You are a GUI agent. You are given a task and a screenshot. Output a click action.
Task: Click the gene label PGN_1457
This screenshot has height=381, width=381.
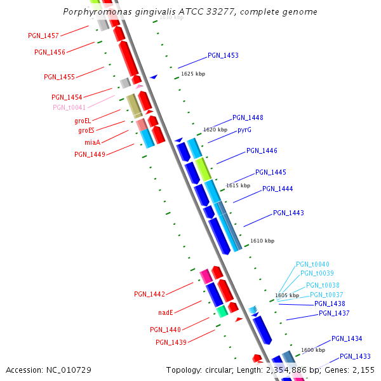[44, 36]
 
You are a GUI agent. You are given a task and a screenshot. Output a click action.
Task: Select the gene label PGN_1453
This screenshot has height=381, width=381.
[223, 56]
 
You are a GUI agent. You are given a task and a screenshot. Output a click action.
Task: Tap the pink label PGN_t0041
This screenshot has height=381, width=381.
[69, 107]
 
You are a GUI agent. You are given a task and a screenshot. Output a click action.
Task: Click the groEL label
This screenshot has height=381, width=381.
[83, 121]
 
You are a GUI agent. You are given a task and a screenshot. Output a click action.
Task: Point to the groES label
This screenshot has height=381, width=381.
[86, 130]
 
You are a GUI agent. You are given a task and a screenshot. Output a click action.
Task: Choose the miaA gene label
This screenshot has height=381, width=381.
[93, 142]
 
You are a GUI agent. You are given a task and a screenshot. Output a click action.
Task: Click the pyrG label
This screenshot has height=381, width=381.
[244, 130]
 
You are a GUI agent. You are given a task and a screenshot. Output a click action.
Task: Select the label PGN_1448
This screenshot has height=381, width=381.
[248, 118]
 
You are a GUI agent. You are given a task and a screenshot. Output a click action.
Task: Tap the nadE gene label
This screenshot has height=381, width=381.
[166, 312]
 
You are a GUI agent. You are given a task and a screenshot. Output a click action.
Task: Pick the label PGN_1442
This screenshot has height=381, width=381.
[149, 295]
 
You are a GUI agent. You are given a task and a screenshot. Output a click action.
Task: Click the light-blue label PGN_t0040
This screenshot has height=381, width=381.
[312, 264]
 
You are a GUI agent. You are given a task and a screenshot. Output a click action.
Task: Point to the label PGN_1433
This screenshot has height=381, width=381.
[355, 356]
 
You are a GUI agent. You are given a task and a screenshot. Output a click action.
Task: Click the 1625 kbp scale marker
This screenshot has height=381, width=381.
[193, 74]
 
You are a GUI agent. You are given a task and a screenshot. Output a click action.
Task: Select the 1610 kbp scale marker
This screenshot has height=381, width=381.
[262, 241]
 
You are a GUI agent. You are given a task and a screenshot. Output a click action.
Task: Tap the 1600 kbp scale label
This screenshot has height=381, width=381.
[313, 350]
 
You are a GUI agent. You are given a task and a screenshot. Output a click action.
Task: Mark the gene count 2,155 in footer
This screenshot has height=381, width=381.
[362, 370]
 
